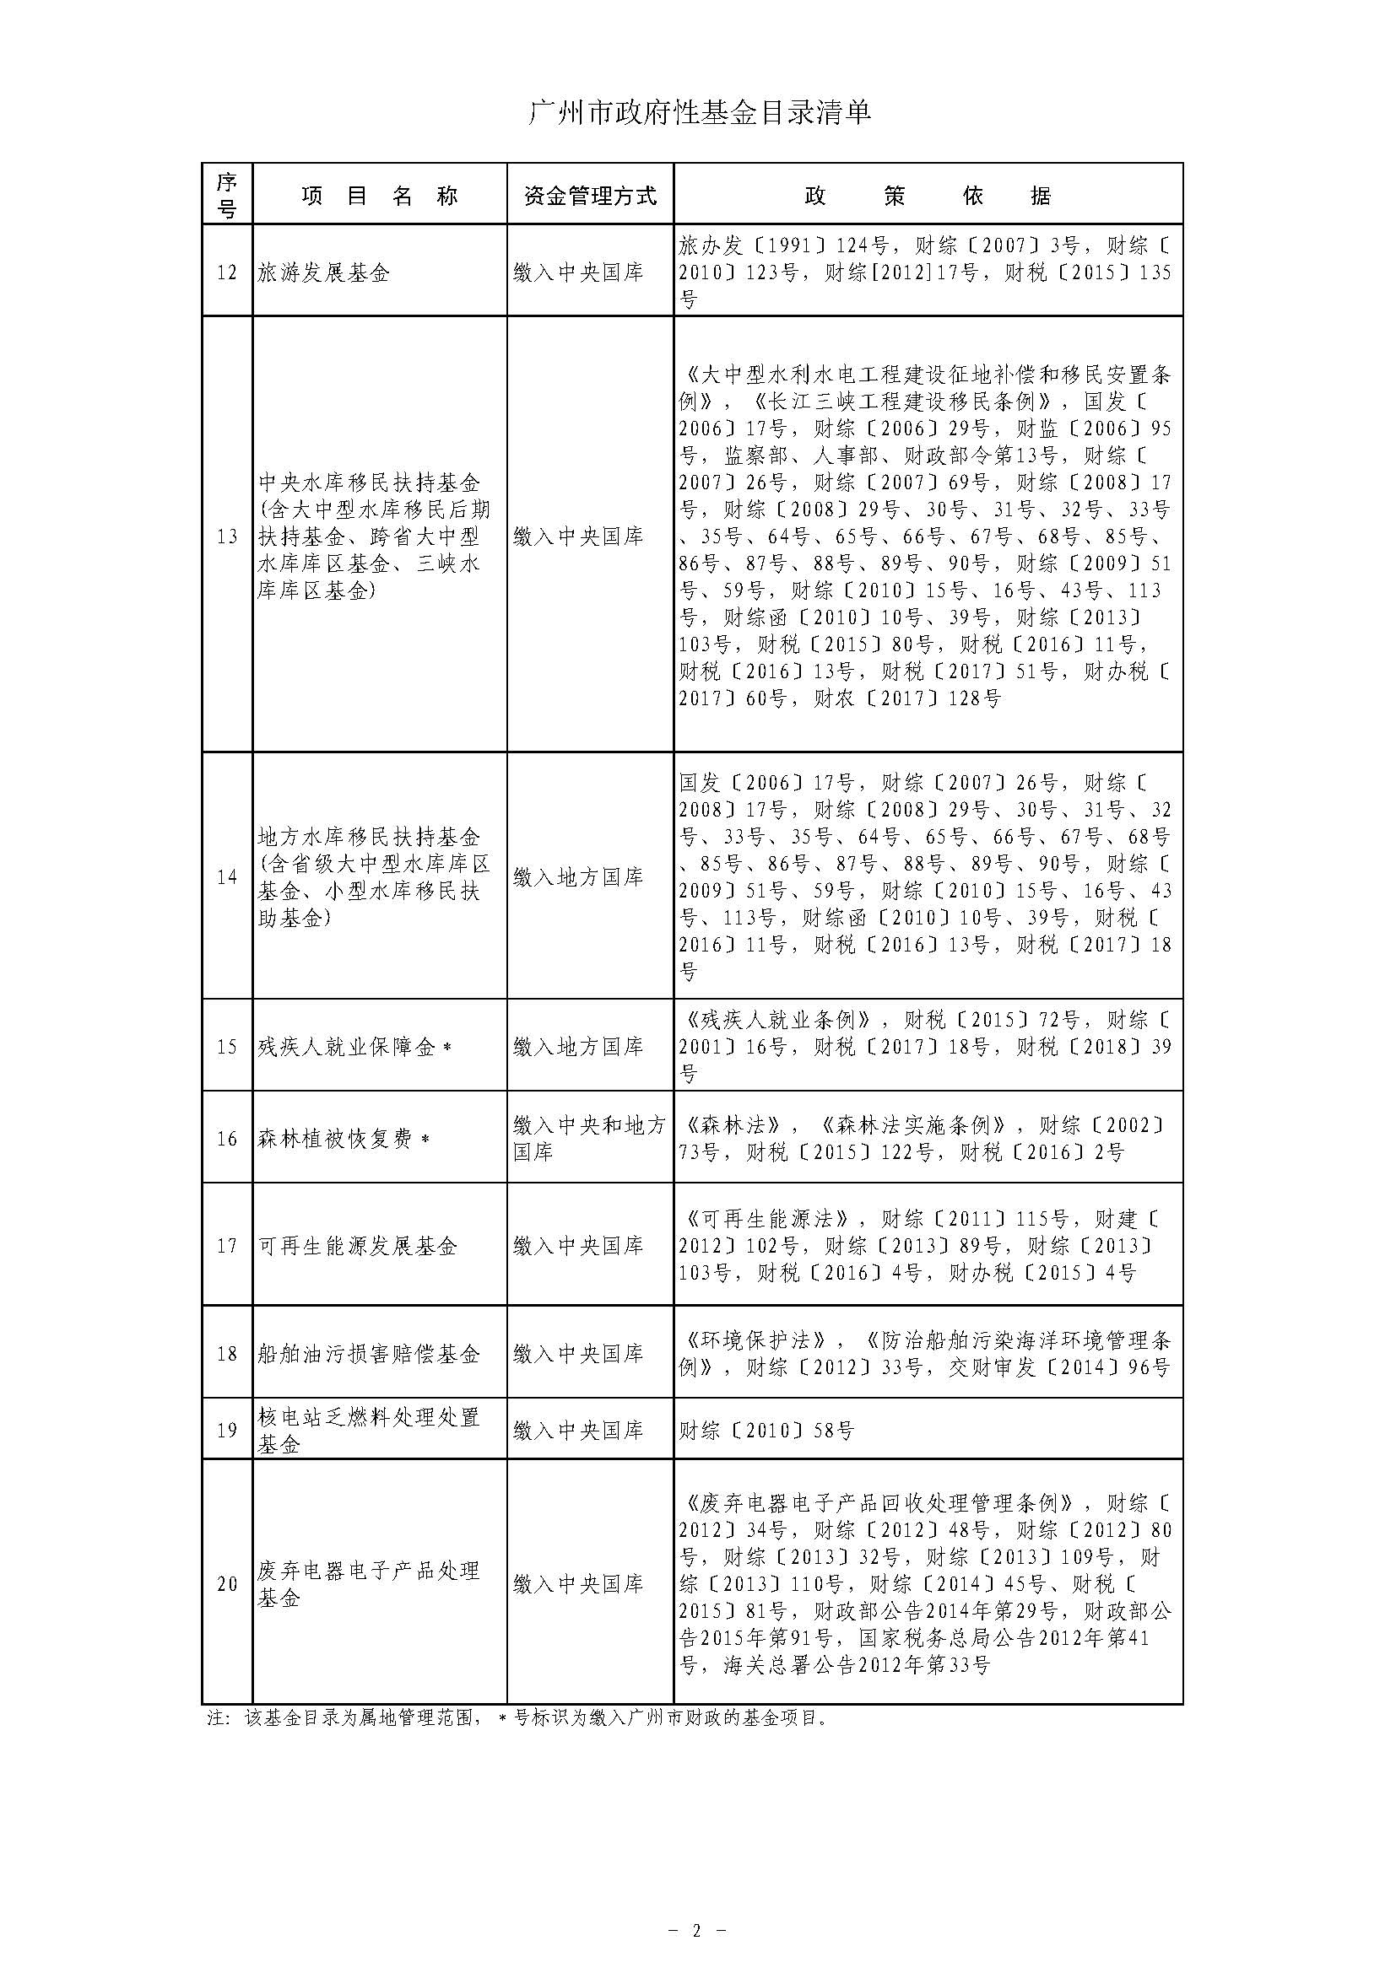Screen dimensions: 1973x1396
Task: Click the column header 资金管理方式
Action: (590, 196)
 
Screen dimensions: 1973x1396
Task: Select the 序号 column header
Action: (227, 195)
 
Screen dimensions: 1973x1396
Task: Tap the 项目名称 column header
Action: (379, 196)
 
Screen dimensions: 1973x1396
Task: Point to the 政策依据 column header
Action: (928, 196)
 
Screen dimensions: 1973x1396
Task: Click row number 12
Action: (227, 272)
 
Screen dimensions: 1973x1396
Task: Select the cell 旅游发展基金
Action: (324, 273)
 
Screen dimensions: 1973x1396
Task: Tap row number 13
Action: (227, 536)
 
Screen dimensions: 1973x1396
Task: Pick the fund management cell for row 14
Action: (577, 876)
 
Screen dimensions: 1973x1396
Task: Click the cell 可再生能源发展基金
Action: (358, 1246)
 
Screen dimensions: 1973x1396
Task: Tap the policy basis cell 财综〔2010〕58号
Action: (766, 1431)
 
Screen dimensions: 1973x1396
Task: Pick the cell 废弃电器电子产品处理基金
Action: (369, 1585)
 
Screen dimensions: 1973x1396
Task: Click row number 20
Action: (227, 1584)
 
